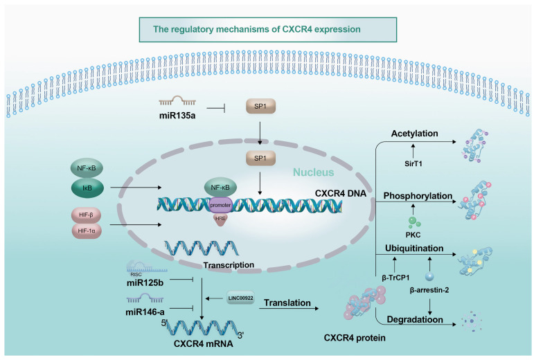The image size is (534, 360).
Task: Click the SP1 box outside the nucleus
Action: click(260, 107)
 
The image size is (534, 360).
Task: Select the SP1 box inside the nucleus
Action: click(260, 159)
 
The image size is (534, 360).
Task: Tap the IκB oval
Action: click(87, 188)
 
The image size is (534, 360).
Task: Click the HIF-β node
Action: click(86, 215)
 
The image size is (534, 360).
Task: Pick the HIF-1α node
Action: click(87, 231)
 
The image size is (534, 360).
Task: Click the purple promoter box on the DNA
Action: click(220, 205)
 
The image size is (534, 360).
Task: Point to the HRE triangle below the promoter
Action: click(220, 219)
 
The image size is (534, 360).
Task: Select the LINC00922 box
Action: click(240, 298)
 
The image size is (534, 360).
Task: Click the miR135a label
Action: click(177, 116)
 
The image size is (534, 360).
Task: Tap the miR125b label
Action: click(145, 282)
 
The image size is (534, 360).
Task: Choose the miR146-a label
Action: click(145, 312)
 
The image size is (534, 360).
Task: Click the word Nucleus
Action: click(313, 172)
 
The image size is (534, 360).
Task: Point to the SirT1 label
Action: click(413, 163)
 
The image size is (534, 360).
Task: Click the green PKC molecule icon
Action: click(413, 222)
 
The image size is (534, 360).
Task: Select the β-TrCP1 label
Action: click(395, 278)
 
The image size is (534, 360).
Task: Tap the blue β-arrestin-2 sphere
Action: click(429, 276)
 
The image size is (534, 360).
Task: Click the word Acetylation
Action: click(414, 134)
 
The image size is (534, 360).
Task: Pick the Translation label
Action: click(287, 303)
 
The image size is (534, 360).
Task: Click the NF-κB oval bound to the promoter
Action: click(220, 187)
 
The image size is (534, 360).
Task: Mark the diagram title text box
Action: click(268, 30)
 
